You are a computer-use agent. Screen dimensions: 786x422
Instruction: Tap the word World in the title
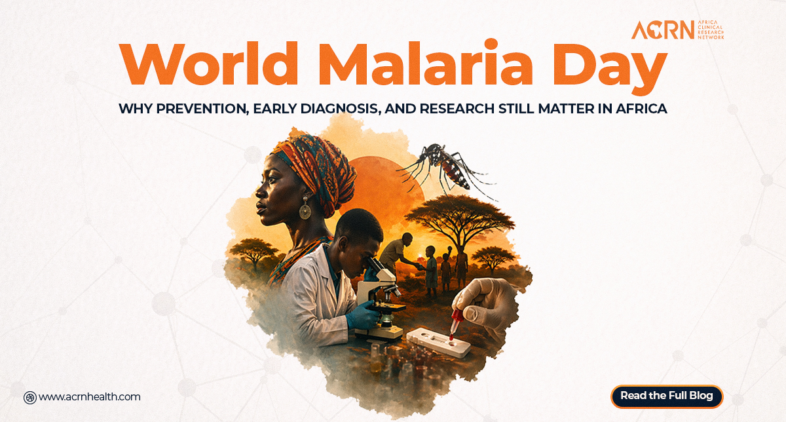209,64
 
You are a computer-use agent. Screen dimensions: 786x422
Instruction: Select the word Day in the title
610,69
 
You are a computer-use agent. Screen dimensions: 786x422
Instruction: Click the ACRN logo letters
663,30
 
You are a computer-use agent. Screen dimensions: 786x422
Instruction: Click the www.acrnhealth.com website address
90,397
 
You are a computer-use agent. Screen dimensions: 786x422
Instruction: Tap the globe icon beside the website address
30,398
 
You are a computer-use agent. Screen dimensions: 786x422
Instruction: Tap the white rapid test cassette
439,342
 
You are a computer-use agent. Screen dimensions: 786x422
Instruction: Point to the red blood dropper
455,323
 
